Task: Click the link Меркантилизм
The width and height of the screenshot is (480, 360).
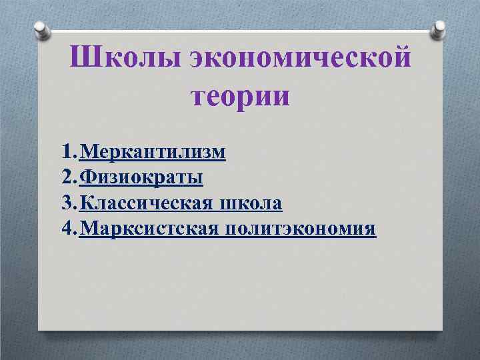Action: click(x=152, y=153)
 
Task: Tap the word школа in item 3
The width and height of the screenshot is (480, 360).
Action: click(x=251, y=203)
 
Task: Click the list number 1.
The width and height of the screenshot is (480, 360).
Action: click(x=65, y=153)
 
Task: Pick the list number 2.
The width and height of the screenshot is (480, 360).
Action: click(x=65, y=178)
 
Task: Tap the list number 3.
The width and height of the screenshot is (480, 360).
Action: click(x=65, y=203)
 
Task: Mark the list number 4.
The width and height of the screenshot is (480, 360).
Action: click(x=65, y=229)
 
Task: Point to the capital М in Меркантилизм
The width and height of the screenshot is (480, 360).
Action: click(x=87, y=153)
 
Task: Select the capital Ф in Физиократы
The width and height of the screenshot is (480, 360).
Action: click(x=87, y=178)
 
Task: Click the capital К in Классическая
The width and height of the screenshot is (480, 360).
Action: click(x=85, y=203)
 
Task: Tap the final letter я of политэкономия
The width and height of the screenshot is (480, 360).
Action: click(x=370, y=229)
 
